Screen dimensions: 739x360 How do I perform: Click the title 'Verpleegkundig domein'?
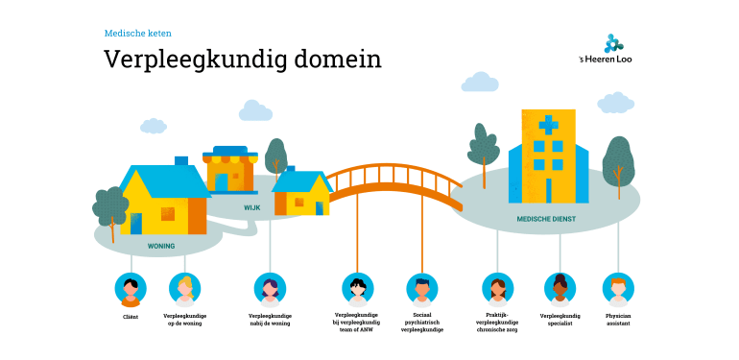[243, 59]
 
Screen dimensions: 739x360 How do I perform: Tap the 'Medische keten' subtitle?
[137, 33]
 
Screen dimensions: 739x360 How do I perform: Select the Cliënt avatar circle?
[131, 288]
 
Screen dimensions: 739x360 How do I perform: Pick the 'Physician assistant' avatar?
[618, 288]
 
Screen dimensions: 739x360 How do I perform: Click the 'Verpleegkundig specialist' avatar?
[560, 288]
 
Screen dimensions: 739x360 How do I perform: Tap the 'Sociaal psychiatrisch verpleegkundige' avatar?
[421, 288]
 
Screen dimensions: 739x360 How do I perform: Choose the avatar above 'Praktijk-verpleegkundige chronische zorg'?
[496, 288]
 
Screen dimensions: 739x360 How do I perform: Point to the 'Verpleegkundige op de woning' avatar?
[185, 288]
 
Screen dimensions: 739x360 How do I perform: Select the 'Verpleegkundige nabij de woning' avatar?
[270, 288]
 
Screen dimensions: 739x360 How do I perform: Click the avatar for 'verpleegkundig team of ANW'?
[357, 288]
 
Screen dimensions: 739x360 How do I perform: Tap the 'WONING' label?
[160, 246]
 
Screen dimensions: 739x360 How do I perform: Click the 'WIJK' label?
[251, 206]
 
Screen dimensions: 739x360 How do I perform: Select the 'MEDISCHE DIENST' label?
[545, 219]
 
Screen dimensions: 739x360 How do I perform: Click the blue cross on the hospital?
[548, 125]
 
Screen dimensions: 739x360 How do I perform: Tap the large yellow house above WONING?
[163, 198]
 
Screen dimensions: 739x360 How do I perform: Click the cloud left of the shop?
[152, 126]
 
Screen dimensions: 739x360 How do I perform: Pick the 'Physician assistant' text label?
[618, 319]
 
